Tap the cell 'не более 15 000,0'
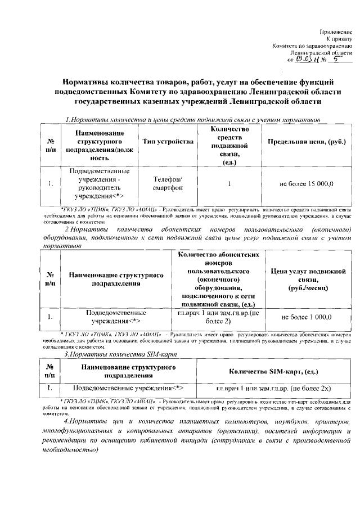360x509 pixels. coord(307,184)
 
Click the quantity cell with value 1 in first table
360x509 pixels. coord(229,184)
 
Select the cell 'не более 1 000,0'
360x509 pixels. coord(307,318)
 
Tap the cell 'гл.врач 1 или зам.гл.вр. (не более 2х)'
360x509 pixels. coord(274,389)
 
